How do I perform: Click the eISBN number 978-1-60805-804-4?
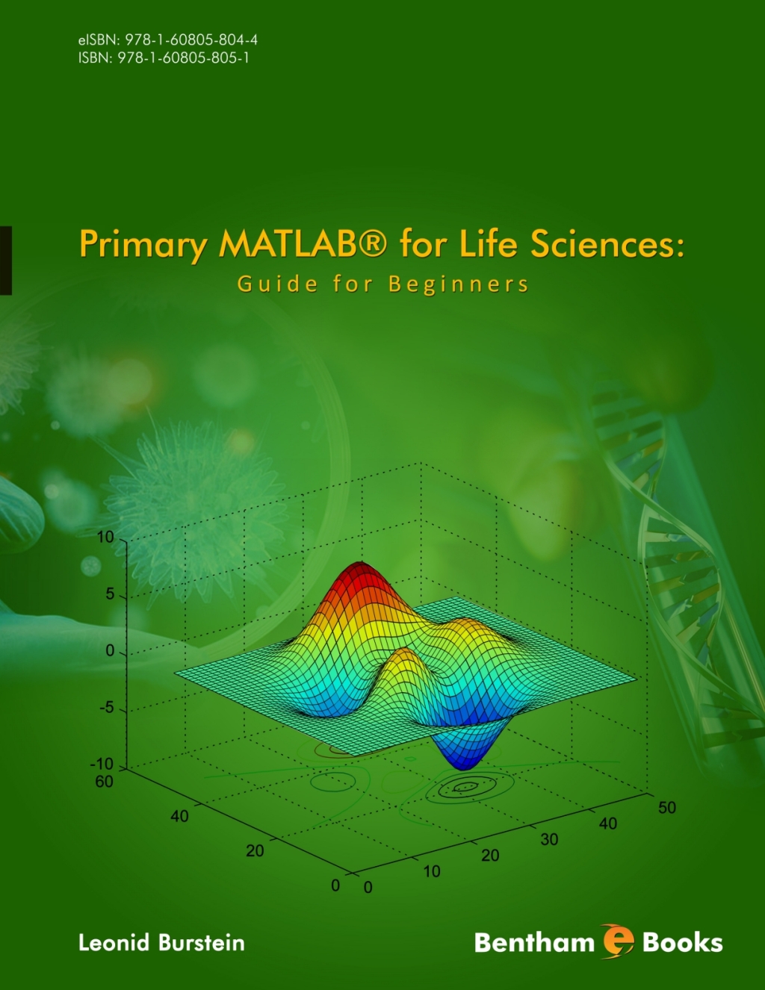(x=191, y=40)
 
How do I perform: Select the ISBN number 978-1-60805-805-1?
(x=183, y=57)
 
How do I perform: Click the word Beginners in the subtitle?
(x=458, y=284)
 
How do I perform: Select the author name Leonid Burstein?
(x=161, y=942)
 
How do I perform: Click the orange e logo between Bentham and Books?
(x=617, y=941)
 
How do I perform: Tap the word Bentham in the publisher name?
(x=534, y=942)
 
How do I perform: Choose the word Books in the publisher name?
(x=682, y=942)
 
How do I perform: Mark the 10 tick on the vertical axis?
(x=105, y=538)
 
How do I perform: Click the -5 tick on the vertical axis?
(x=107, y=708)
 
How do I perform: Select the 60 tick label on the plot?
(x=104, y=782)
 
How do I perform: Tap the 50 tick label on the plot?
(x=666, y=807)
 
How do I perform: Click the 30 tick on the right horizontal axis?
(x=549, y=839)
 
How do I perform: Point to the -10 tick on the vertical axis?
(x=102, y=764)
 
